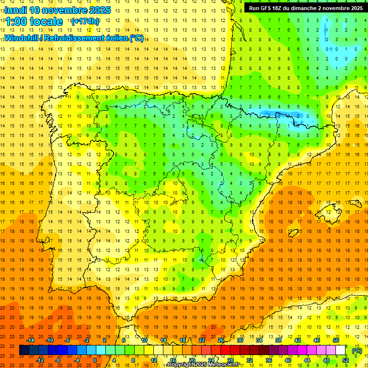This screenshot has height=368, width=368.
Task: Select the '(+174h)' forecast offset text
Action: coord(85,22)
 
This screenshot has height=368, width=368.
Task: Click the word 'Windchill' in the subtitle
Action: coord(21,38)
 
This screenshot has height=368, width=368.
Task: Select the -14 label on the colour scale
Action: coord(31,340)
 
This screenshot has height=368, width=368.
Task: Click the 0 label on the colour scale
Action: coord(95,360)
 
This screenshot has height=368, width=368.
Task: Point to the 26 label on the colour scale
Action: coord(221,340)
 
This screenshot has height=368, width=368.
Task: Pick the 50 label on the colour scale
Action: coord(335,340)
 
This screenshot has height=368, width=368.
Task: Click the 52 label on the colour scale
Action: coord(345,360)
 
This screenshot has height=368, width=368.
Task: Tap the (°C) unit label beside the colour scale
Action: coord(357,351)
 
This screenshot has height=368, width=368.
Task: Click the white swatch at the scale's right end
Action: coord(340,350)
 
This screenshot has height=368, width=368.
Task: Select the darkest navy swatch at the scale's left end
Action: coord(24,350)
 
